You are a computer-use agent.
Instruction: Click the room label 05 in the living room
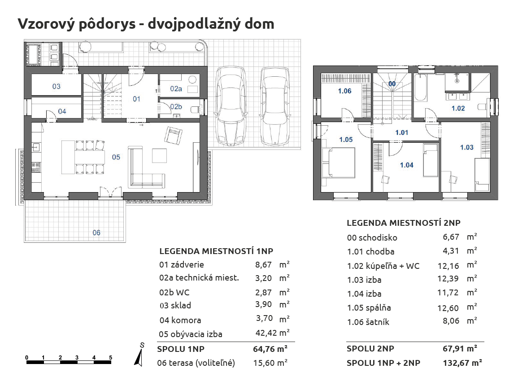click(x=116, y=157)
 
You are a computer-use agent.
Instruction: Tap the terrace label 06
click(x=96, y=233)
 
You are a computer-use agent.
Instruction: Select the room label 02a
click(x=176, y=89)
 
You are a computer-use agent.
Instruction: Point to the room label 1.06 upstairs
click(x=344, y=91)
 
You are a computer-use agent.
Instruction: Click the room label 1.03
click(x=467, y=147)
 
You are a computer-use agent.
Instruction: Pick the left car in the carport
click(x=232, y=106)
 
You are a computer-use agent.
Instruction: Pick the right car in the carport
click(x=275, y=106)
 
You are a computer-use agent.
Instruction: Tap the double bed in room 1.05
click(x=338, y=162)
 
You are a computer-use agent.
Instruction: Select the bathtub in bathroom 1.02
click(x=421, y=88)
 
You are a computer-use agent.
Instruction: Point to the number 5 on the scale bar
click(x=110, y=358)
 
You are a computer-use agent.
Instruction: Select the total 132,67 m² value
click(x=462, y=363)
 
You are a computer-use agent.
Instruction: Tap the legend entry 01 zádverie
click(x=182, y=265)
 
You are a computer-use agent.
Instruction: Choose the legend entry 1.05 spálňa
click(x=369, y=308)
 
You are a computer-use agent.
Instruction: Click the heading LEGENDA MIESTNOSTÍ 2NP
click(x=404, y=223)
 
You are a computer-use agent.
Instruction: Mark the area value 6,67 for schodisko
click(x=451, y=237)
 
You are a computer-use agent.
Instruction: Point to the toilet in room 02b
click(x=195, y=110)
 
